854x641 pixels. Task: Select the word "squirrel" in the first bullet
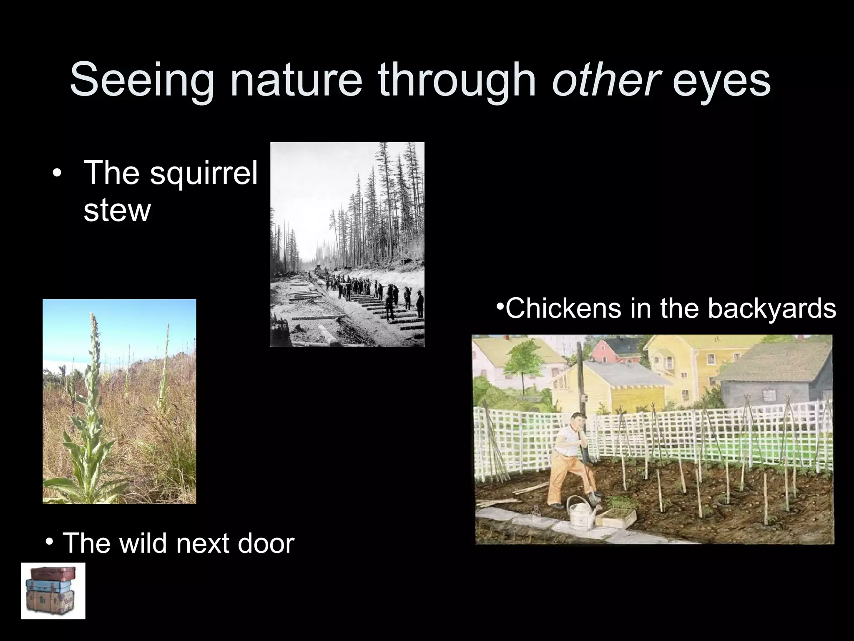(203, 173)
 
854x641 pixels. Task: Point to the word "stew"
(117, 210)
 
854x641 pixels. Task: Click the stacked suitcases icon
(53, 591)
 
